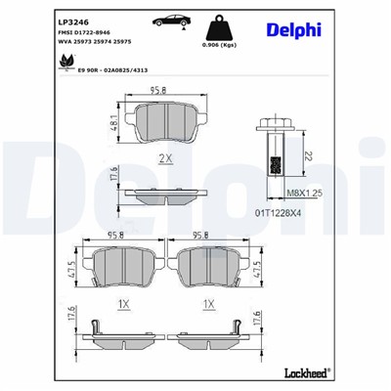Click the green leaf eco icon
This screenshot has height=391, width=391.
click(x=65, y=61)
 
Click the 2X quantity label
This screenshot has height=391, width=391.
click(x=165, y=156)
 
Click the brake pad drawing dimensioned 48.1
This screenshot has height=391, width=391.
click(x=165, y=120)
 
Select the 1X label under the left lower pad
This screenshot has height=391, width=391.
click(x=123, y=304)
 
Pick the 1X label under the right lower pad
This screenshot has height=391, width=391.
click(x=208, y=304)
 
